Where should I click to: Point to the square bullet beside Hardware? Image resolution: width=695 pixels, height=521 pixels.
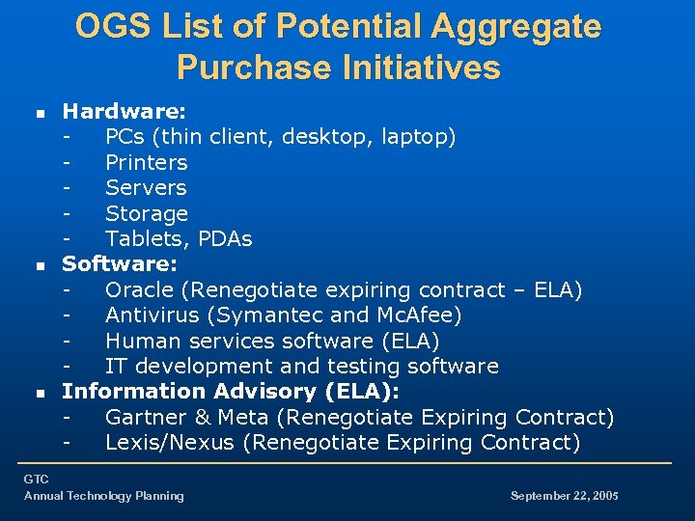39,114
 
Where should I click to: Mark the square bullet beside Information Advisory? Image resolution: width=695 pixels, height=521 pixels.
39,393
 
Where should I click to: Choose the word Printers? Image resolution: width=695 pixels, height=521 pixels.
146,162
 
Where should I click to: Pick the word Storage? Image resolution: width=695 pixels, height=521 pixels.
147,213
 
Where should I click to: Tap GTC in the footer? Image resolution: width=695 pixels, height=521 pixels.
36,479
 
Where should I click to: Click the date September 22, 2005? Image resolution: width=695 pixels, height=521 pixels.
564,496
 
